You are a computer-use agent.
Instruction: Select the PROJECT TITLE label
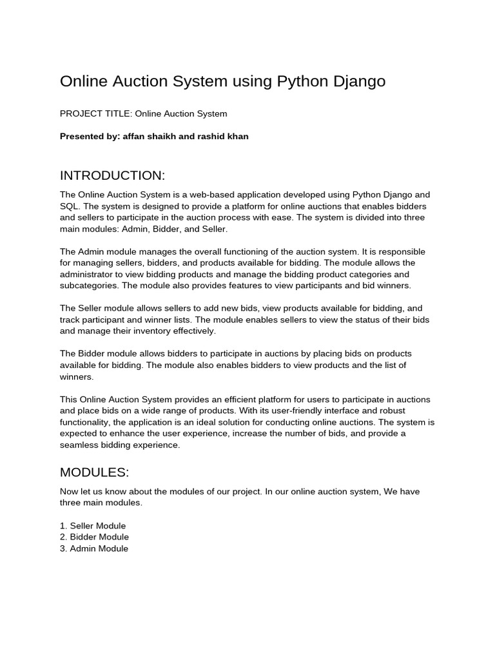[96, 114]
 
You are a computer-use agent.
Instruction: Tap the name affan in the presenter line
[134, 137]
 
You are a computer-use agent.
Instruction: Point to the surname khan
[237, 137]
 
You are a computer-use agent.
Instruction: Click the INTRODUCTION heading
[113, 176]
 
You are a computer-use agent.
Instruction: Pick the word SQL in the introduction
[70, 206]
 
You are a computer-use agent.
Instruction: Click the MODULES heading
[95, 473]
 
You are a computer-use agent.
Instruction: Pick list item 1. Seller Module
[93, 526]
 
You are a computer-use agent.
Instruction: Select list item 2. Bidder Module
[94, 537]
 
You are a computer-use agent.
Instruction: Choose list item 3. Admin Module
[94, 548]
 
